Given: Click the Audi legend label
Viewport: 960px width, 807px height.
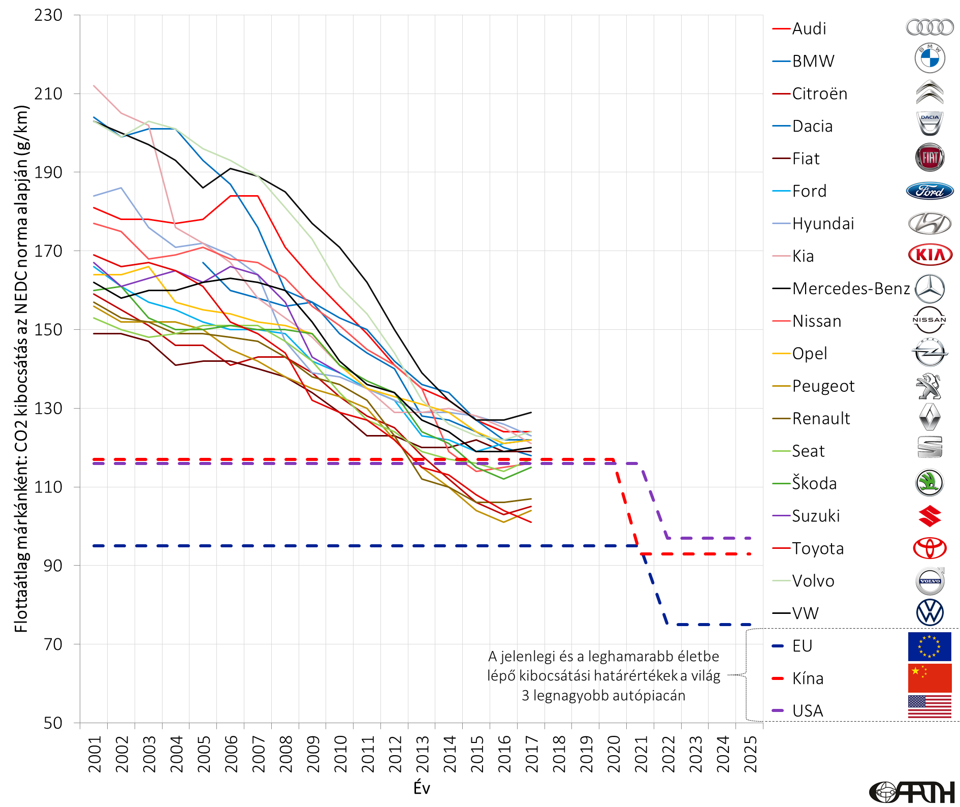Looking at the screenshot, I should click(x=809, y=28).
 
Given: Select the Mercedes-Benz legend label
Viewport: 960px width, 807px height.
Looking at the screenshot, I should click(x=851, y=289).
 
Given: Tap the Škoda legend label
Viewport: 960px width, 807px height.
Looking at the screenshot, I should click(x=814, y=483).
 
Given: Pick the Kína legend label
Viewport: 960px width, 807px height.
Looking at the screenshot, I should click(x=808, y=678).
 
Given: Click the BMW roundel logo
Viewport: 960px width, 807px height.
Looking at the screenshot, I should click(x=930, y=58).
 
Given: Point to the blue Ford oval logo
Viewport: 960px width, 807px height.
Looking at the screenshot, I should click(x=930, y=191).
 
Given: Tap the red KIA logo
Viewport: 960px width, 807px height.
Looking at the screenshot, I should click(x=930, y=255).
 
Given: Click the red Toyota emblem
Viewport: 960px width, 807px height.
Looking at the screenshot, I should click(x=930, y=548).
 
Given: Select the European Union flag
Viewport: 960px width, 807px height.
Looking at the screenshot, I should click(x=930, y=646).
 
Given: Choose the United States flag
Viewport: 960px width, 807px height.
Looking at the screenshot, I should click(x=930, y=707).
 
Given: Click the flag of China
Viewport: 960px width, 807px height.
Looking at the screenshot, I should click(x=930, y=678).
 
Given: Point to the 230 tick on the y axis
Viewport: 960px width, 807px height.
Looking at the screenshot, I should click(x=49, y=15).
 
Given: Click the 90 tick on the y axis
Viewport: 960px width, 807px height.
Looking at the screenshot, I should click(x=53, y=566).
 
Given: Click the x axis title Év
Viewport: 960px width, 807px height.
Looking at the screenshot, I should click(x=422, y=788).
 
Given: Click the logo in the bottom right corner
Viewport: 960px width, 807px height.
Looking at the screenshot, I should click(x=912, y=792).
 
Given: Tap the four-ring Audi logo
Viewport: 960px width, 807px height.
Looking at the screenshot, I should click(x=930, y=27).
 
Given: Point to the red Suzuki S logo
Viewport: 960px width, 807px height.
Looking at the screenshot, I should click(x=930, y=516).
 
